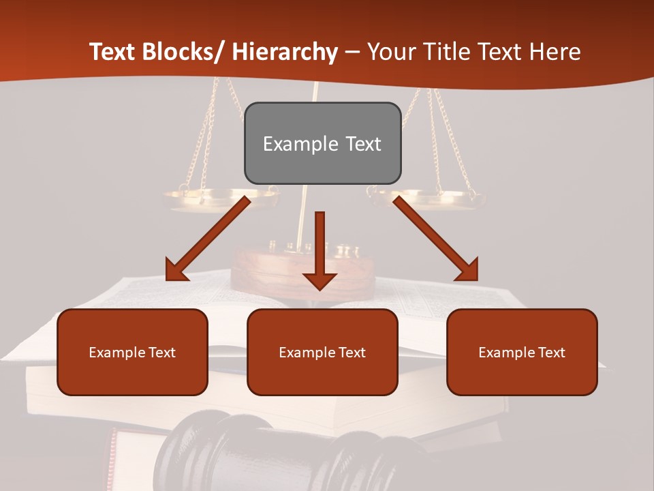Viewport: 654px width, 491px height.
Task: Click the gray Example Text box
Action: [322, 143]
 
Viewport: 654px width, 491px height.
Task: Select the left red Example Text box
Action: [132, 352]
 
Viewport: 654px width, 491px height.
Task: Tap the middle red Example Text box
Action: [322, 352]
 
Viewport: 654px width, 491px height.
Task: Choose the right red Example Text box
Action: [522, 352]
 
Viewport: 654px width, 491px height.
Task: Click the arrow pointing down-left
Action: [207, 239]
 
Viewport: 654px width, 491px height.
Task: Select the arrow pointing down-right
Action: [436, 239]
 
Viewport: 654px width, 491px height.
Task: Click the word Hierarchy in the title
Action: [284, 52]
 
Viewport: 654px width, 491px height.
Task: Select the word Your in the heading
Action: [391, 52]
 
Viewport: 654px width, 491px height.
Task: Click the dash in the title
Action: [352, 53]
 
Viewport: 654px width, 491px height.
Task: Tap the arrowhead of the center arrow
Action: [320, 280]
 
